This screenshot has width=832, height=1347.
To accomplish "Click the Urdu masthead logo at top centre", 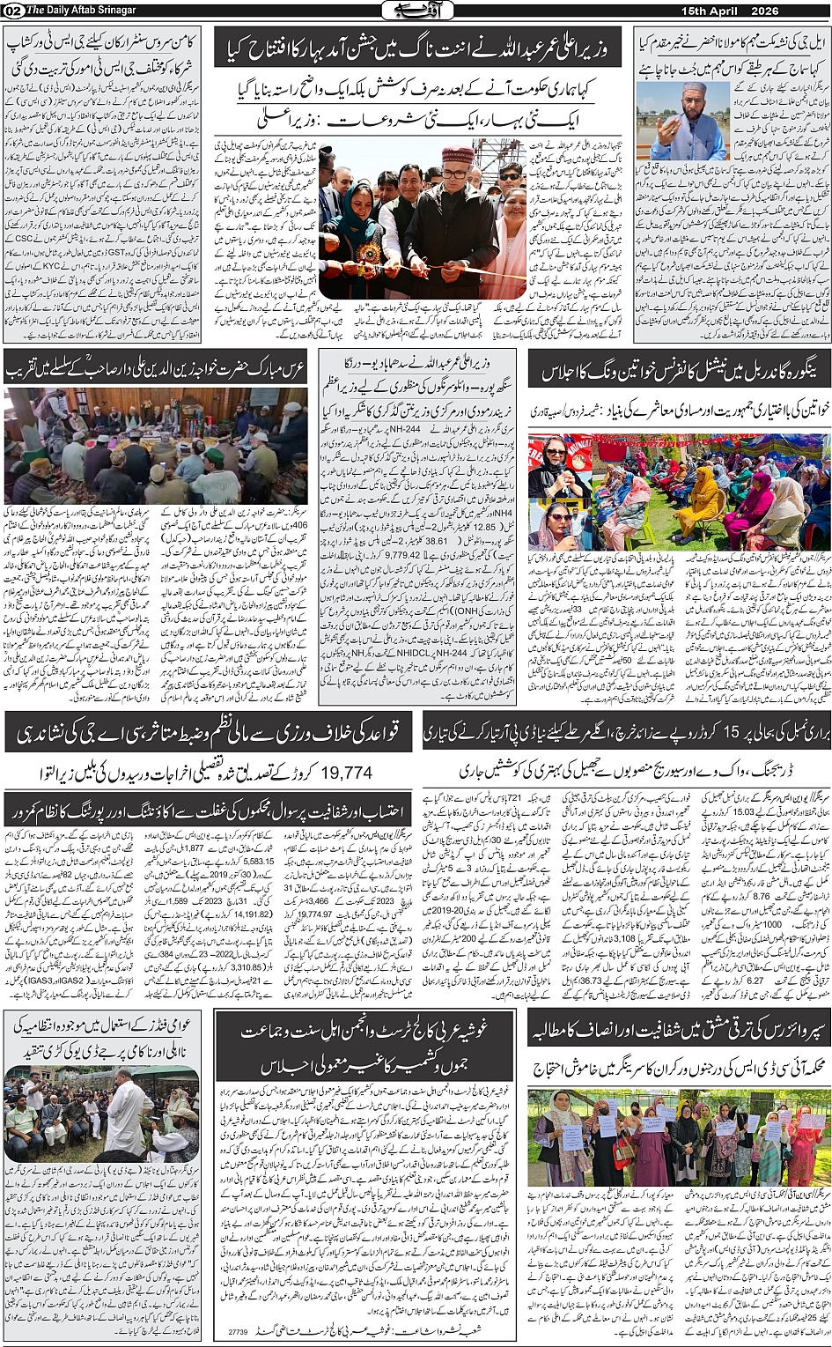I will coord(416,11).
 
